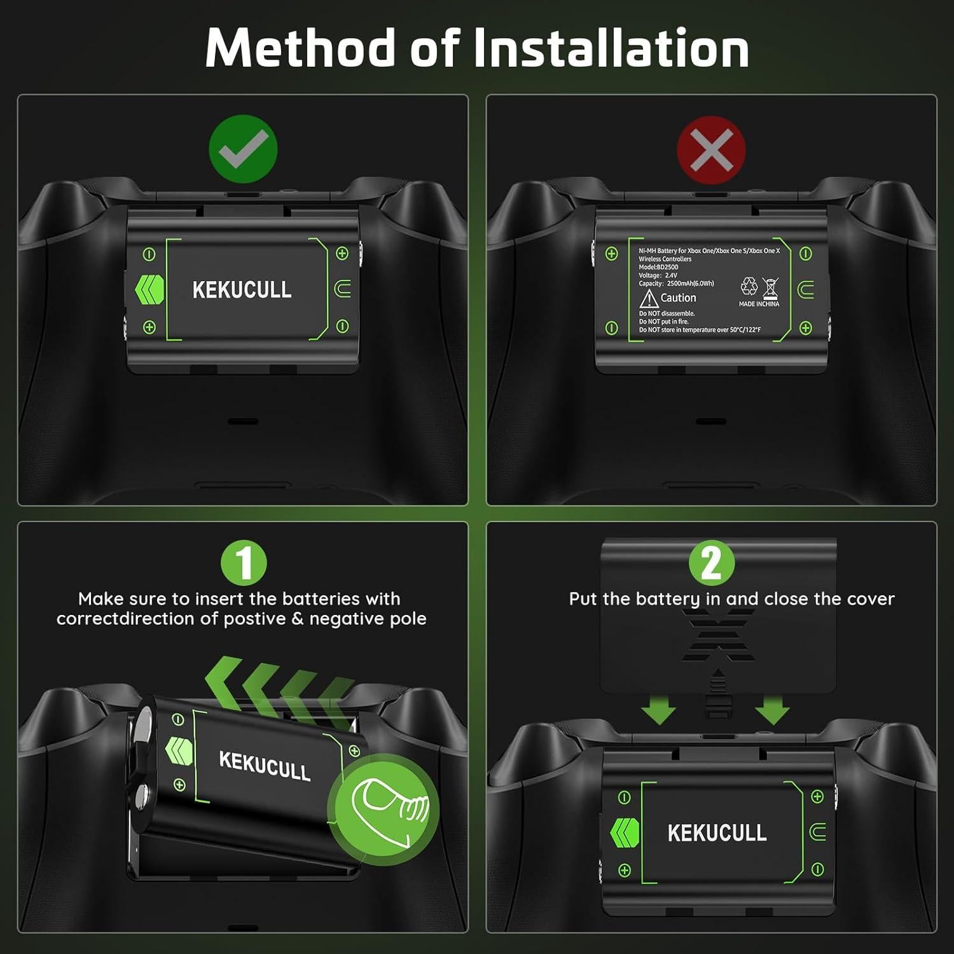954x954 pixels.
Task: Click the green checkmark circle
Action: (x=243, y=149)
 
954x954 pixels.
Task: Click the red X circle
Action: (x=711, y=150)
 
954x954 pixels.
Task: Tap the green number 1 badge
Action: (x=244, y=562)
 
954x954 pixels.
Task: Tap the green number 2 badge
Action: (x=711, y=562)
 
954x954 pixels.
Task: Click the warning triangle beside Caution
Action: (x=648, y=298)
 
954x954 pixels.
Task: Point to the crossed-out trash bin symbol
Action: (x=770, y=288)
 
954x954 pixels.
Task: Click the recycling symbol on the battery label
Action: (x=749, y=286)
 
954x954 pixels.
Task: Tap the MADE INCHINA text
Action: (x=759, y=304)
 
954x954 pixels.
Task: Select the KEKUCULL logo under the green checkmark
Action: (x=242, y=290)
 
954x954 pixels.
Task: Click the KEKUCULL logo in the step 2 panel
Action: (x=717, y=833)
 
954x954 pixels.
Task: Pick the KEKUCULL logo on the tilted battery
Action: (x=265, y=764)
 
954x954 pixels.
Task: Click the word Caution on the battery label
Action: (x=678, y=298)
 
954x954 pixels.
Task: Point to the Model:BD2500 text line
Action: (x=658, y=267)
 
